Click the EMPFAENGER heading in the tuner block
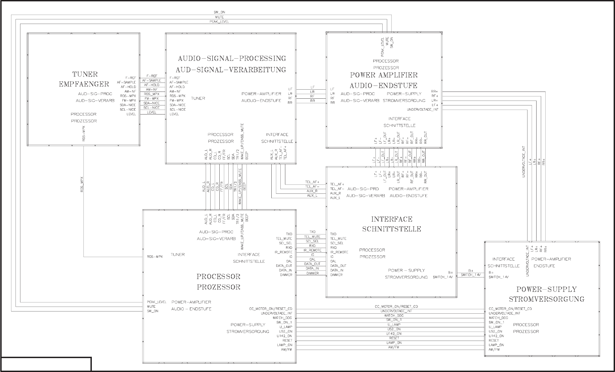click(84, 84)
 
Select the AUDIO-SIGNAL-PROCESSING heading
click(232, 58)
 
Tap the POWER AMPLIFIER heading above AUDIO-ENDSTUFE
click(384, 75)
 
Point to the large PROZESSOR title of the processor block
click(219, 287)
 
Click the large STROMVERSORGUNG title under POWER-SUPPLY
click(547, 299)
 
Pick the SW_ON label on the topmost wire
click(219, 12)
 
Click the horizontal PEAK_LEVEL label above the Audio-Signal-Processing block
click(219, 22)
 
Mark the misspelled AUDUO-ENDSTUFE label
click(261, 101)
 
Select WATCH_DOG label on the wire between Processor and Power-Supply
click(394, 316)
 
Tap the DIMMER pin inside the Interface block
click(337, 275)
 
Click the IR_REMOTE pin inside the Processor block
click(283, 252)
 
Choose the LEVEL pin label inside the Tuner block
click(131, 114)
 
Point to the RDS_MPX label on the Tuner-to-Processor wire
click(82, 185)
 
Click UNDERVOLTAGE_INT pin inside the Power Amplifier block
click(423, 110)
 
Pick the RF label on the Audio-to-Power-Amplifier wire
click(312, 96)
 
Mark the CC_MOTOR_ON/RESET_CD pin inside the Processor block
click(271, 309)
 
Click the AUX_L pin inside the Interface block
click(335, 198)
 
